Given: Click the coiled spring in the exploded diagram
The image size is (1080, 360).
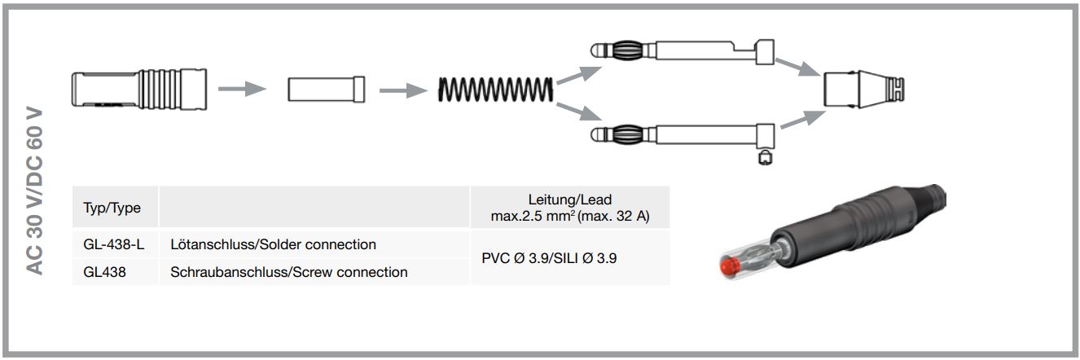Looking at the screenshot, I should [x=497, y=89].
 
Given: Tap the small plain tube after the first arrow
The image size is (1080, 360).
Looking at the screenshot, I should [x=326, y=89].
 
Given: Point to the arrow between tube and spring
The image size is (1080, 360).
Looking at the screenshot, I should [x=403, y=89].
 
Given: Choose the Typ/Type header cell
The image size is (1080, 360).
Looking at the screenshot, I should [x=112, y=208].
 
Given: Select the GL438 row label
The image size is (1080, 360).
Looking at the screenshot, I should [x=103, y=272].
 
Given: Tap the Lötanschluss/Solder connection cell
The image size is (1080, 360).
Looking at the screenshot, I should [x=273, y=244].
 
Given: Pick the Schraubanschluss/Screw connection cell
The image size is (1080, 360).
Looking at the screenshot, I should [x=288, y=272].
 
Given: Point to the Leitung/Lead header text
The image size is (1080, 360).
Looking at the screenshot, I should [x=569, y=200].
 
